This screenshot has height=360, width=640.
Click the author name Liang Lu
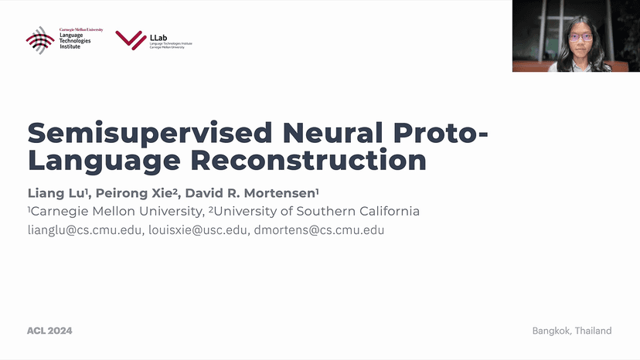56,192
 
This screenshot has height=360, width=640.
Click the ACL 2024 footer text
49,331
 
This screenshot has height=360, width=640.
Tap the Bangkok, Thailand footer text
571,331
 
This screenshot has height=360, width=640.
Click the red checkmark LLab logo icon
131,39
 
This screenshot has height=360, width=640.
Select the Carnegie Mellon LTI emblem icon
40,39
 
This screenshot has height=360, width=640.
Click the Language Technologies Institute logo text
75,39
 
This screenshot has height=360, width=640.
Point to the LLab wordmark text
159,36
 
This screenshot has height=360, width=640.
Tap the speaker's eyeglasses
580,36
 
